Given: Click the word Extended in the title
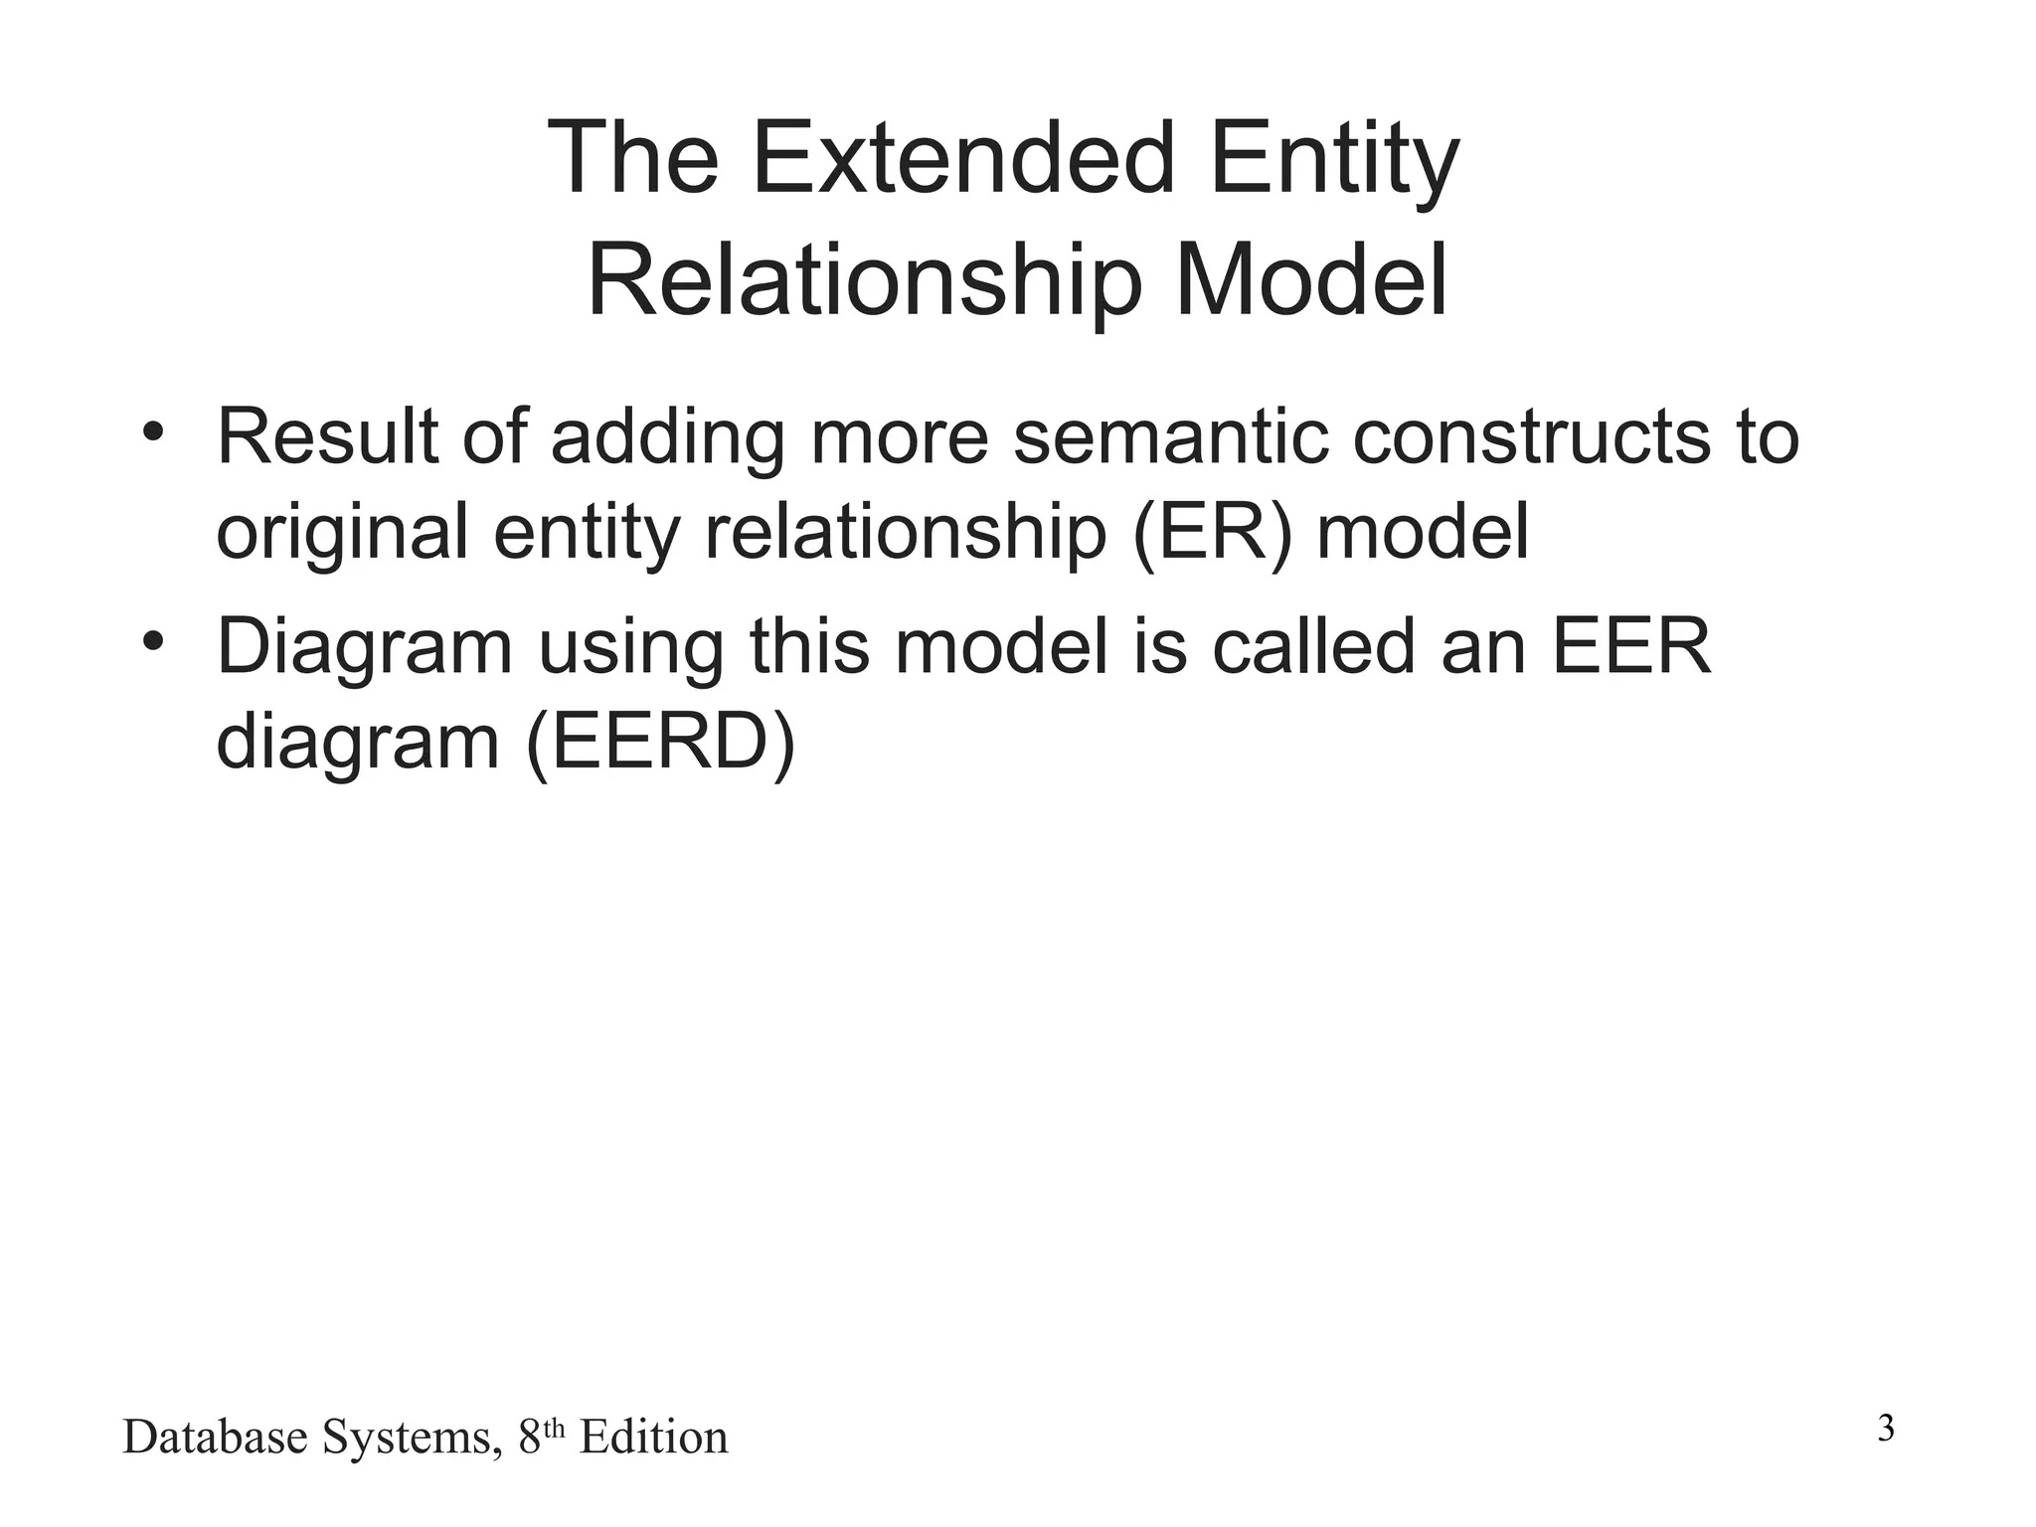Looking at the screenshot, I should pyautogui.click(x=963, y=160).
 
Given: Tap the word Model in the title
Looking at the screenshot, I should pyautogui.click(x=1311, y=281).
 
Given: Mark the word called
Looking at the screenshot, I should pyautogui.click(x=1312, y=646).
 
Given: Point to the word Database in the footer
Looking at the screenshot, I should pyautogui.click(x=215, y=1438).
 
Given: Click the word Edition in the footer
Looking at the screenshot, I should pyautogui.click(x=653, y=1438).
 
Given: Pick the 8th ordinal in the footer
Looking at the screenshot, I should pyautogui.click(x=541, y=1435).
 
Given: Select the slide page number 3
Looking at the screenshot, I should pyautogui.click(x=1886, y=1430).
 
